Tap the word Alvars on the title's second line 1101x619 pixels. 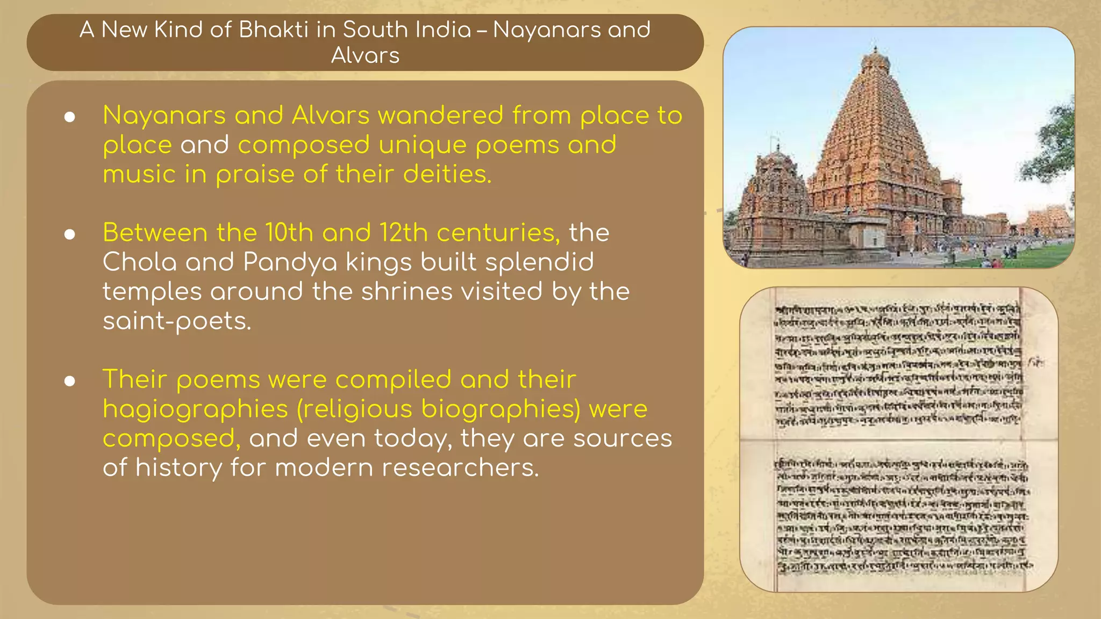point(365,55)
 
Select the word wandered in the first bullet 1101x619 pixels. point(440,116)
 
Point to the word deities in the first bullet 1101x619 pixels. point(446,174)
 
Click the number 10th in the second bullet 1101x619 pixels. point(289,233)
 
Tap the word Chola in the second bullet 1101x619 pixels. point(139,262)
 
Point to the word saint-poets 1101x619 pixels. point(177,321)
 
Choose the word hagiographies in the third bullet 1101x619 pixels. point(196,409)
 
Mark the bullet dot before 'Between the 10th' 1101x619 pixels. point(69,234)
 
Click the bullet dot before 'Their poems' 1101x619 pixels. point(69,381)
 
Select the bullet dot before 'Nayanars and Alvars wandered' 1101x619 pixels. point(69,117)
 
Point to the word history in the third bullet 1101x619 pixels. point(178,467)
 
